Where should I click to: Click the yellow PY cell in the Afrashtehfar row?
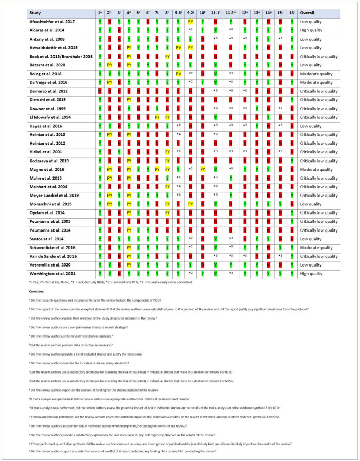[190, 22]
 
